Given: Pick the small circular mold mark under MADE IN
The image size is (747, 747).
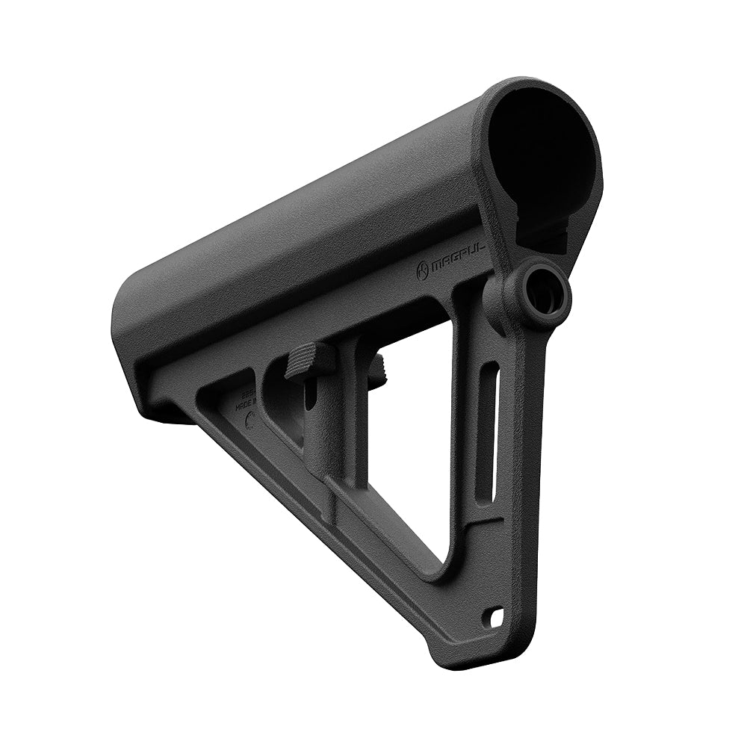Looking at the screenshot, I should coord(250,421).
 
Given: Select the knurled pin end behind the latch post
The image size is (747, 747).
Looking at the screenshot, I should coord(379,365).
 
